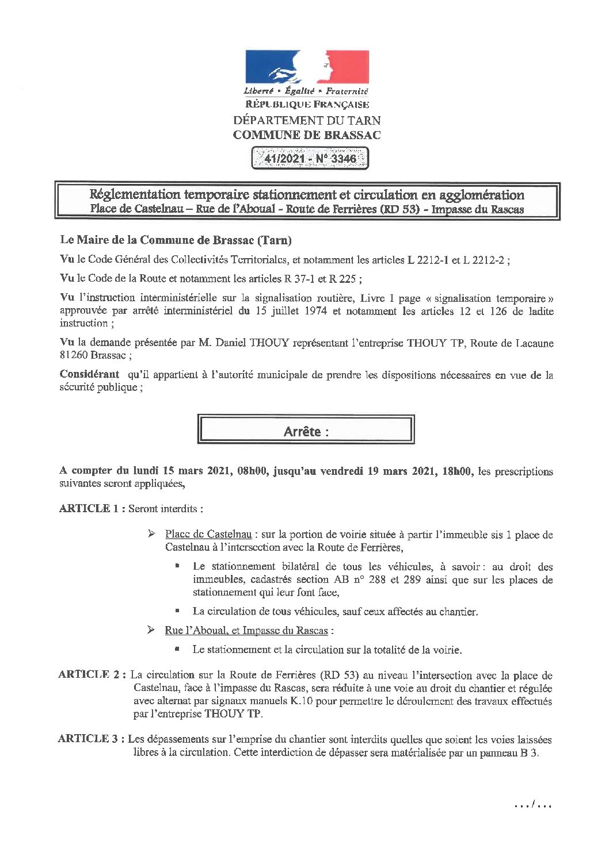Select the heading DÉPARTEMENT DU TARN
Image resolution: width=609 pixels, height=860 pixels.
click(x=306, y=120)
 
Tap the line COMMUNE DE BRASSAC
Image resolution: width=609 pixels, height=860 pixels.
click(x=306, y=135)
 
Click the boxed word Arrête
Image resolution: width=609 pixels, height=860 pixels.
click(x=306, y=432)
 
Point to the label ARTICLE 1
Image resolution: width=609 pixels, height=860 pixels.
click(x=92, y=509)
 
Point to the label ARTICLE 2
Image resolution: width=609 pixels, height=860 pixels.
click(x=92, y=675)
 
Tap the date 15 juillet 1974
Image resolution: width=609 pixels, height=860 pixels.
click(x=290, y=312)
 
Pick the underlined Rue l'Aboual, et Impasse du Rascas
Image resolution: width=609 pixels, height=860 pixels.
click(x=246, y=631)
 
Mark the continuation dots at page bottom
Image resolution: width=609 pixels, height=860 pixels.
click(x=532, y=805)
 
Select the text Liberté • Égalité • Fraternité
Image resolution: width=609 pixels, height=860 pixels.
click(x=306, y=91)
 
